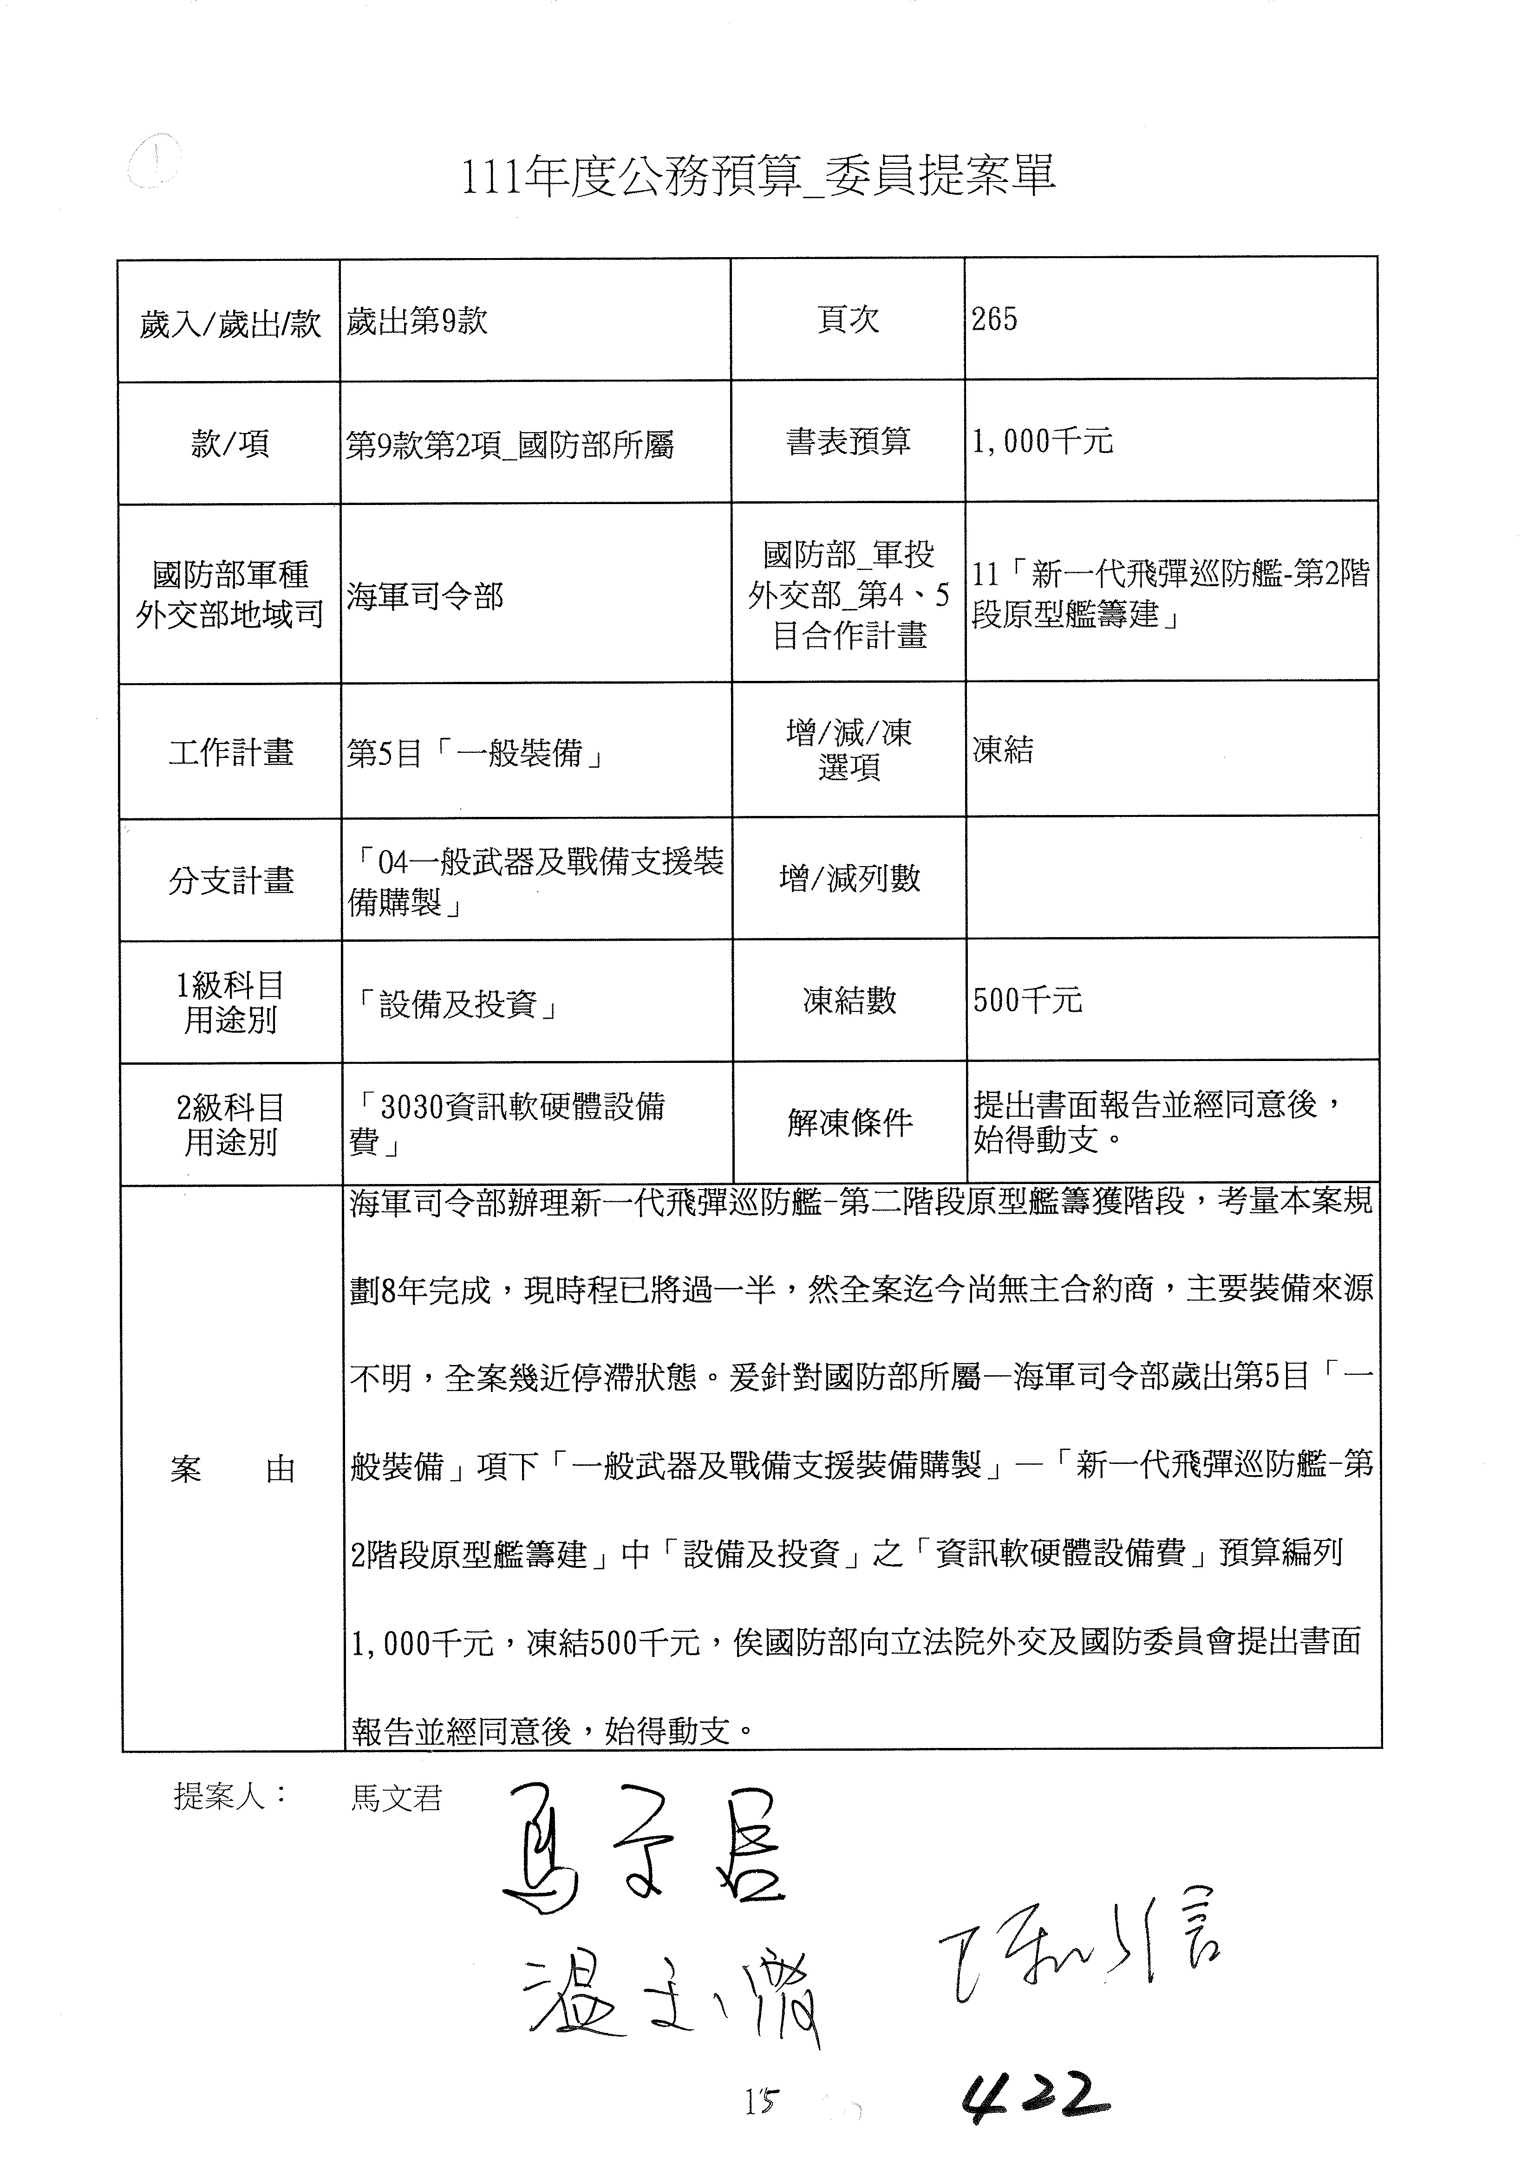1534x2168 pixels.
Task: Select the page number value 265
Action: (995, 320)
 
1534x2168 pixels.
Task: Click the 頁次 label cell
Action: (847, 320)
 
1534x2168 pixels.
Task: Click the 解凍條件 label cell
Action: (849, 1123)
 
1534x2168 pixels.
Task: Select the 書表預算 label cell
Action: (847, 441)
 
